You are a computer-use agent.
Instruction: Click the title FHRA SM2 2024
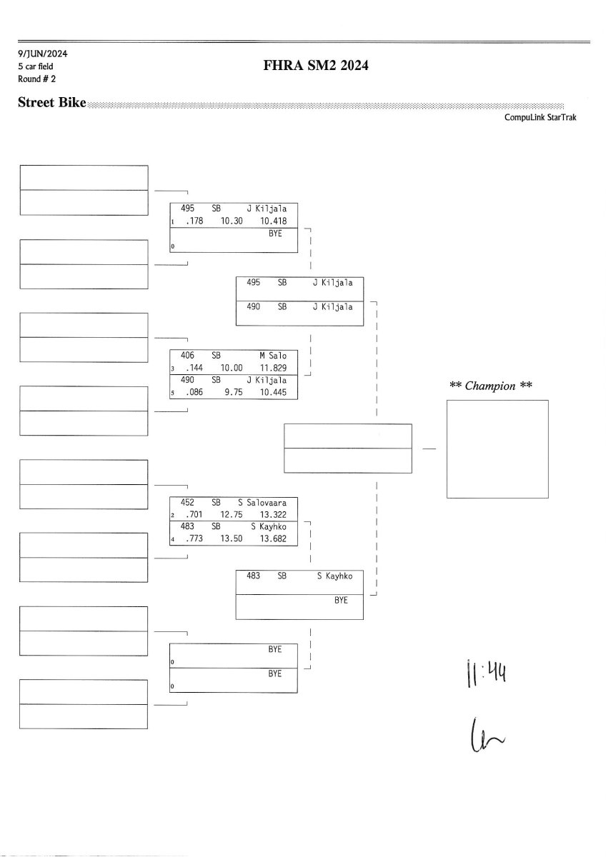tap(316, 67)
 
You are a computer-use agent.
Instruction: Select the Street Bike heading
tap(51, 104)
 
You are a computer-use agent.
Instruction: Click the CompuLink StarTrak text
tap(540, 118)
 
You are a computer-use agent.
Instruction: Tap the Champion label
tap(492, 386)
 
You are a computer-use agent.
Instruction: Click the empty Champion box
tap(497, 449)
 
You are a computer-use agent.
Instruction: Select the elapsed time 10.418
tap(274, 221)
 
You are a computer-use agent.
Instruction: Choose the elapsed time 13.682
tap(274, 539)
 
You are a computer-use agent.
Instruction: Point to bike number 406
tap(188, 354)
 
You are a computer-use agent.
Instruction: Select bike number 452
tap(188, 502)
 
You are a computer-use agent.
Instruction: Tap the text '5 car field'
tap(36, 66)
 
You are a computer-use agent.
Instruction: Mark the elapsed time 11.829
tap(274, 367)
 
